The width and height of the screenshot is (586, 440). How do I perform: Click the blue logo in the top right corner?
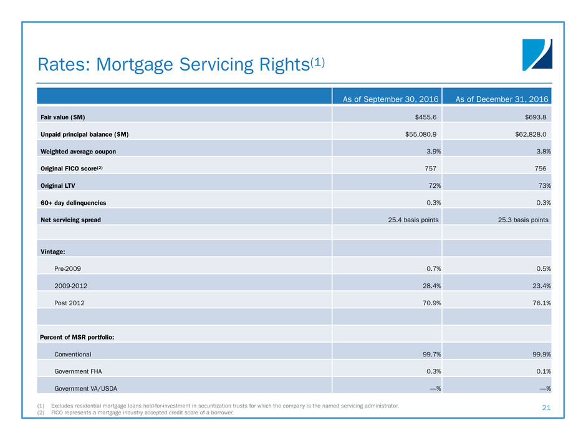coord(537,55)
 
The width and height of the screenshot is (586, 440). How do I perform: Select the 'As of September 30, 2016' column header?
coord(390,99)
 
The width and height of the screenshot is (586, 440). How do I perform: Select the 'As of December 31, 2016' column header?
coord(502,99)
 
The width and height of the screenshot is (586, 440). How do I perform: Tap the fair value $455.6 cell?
coord(426,117)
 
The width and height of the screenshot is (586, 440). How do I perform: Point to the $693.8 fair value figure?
coord(536,117)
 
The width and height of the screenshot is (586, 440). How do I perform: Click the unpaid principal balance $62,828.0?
coord(531,134)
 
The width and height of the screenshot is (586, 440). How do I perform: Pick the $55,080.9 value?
coord(421,134)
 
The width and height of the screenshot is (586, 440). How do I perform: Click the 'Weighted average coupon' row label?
coord(78,152)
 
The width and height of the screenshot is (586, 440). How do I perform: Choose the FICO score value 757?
coord(431,169)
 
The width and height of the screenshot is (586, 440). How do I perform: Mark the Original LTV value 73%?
coord(544,185)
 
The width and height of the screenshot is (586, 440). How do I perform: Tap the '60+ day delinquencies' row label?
coord(74,203)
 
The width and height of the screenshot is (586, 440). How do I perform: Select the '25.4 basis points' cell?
coord(413,220)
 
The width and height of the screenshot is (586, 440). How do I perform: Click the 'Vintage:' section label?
coord(53,252)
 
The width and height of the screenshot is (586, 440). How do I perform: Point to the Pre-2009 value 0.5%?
coord(544,268)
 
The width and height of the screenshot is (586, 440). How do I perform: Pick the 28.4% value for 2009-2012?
coord(431,286)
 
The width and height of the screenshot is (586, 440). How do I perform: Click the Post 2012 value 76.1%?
coord(542,303)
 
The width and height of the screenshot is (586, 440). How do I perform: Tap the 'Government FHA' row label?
coord(78,371)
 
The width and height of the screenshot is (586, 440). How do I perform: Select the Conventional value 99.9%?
coord(542,354)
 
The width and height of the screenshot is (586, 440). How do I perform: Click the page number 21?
coord(546,408)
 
